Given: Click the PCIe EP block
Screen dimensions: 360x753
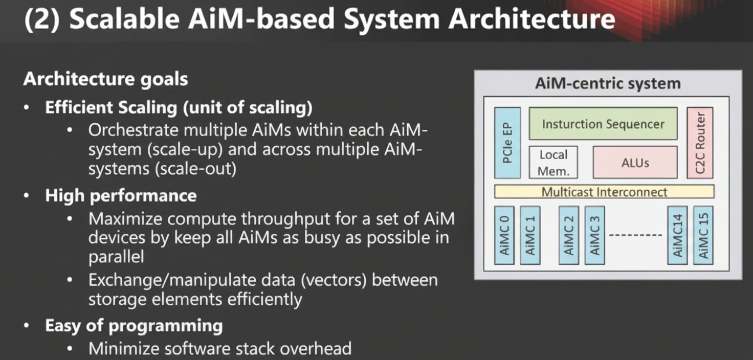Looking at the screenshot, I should click(507, 143).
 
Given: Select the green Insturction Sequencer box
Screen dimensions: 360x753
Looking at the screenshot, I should click(603, 124).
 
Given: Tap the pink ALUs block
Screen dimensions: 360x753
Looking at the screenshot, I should click(635, 163).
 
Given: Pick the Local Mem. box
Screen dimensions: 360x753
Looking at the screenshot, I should click(552, 163).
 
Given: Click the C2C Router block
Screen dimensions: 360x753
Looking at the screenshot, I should click(700, 143).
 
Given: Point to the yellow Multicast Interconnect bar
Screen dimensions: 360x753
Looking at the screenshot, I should click(604, 192).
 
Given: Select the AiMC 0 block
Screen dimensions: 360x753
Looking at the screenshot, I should click(504, 235).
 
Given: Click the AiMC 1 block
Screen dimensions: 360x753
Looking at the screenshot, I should click(530, 235).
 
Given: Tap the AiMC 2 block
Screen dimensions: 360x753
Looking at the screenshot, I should click(569, 235).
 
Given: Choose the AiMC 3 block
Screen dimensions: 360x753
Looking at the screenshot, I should click(594, 235).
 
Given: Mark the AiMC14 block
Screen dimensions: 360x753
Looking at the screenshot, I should click(678, 235).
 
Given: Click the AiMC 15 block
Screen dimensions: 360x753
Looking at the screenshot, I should click(703, 235).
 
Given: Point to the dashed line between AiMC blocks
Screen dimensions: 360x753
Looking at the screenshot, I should click(636, 235).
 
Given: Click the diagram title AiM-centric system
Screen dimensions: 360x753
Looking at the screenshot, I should click(608, 83).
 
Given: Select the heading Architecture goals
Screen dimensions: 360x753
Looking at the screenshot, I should click(105, 79).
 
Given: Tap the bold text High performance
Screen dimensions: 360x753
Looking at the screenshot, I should click(121, 195).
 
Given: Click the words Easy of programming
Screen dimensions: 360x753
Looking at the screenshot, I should click(134, 326).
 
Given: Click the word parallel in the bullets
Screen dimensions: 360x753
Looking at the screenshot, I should click(116, 257).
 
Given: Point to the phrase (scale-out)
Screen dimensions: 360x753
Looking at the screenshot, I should click(196, 169).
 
